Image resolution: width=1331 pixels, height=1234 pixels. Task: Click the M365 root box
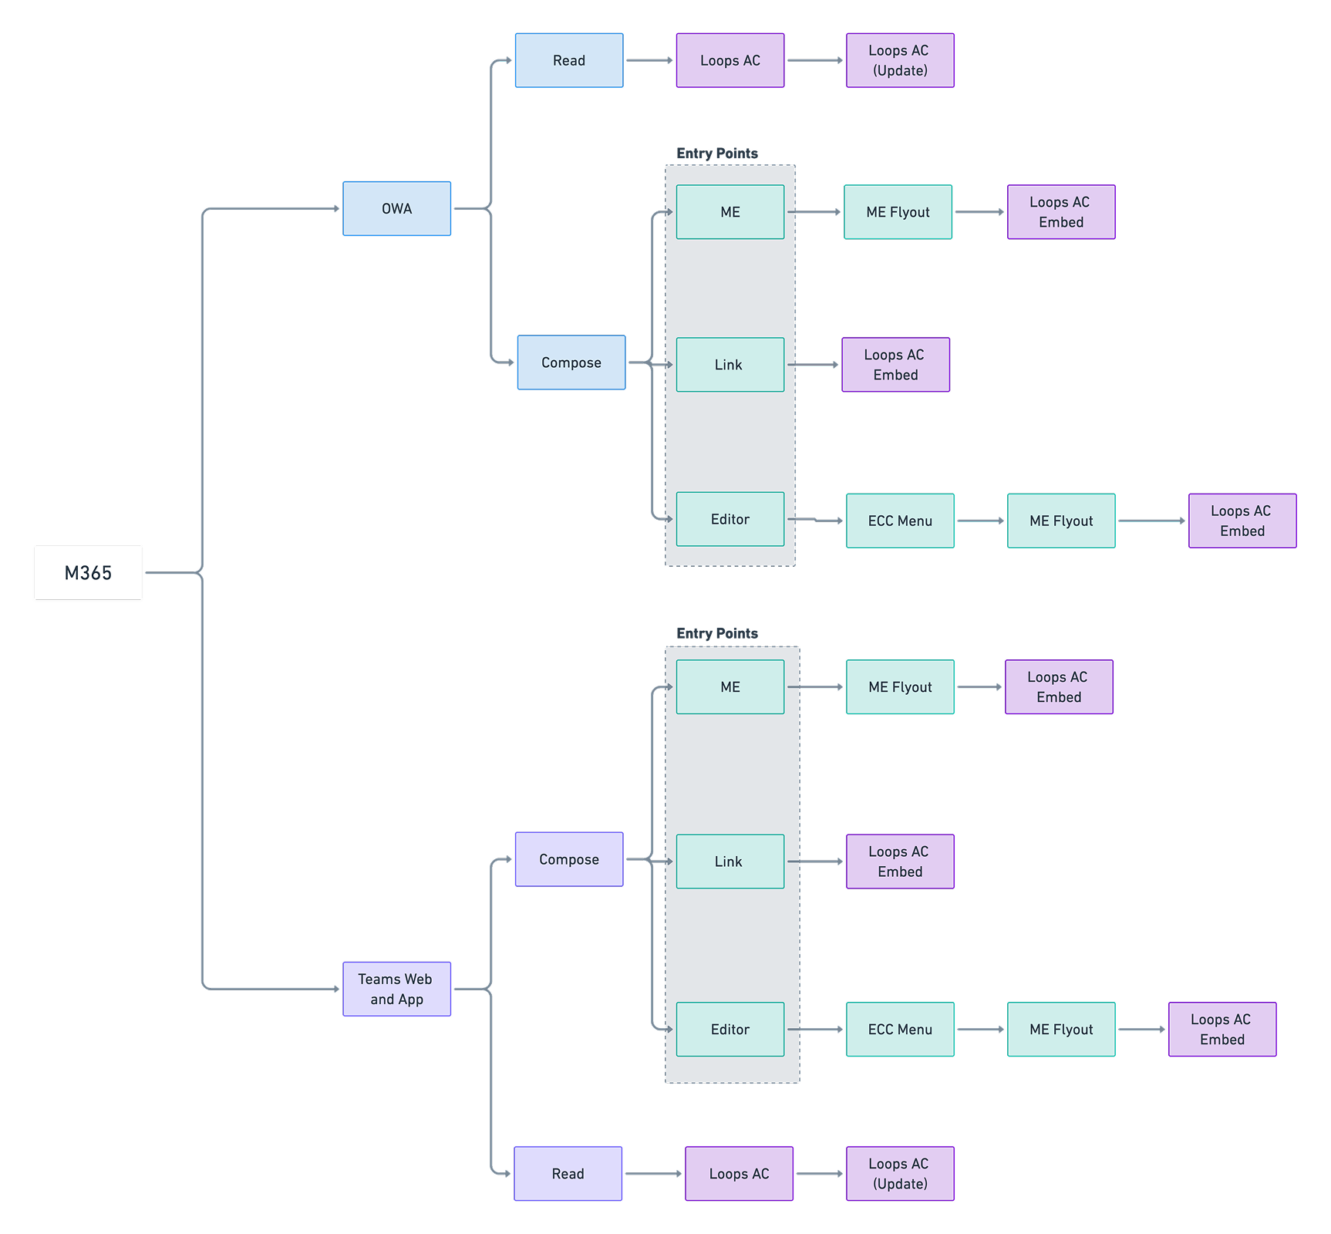pyautogui.click(x=88, y=572)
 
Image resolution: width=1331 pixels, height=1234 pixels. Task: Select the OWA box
pyautogui.click(x=396, y=208)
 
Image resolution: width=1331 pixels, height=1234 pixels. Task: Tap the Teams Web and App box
pyautogui.click(x=396, y=989)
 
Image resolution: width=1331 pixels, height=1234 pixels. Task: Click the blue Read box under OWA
pyautogui.click(x=569, y=60)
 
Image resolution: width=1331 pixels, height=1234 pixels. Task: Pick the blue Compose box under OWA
pyautogui.click(x=571, y=362)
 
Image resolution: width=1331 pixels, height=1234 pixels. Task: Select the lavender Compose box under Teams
pyautogui.click(x=569, y=859)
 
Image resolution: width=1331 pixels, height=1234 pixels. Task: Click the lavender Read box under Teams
pyautogui.click(x=568, y=1173)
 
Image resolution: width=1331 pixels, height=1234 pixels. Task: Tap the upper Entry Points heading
pyautogui.click(x=717, y=153)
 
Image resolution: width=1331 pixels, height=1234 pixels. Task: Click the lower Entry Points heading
pyautogui.click(x=717, y=633)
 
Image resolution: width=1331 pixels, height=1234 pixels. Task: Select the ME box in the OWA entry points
pyautogui.click(x=730, y=212)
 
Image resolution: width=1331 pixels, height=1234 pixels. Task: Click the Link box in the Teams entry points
pyautogui.click(x=730, y=861)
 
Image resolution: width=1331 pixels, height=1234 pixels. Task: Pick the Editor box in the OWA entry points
pyautogui.click(x=730, y=519)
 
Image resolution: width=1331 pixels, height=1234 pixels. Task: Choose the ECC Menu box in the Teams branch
pyautogui.click(x=900, y=1029)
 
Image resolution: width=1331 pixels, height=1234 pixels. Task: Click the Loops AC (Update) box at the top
pyautogui.click(x=900, y=60)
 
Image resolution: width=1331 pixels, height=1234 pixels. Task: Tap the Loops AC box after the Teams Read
pyautogui.click(x=739, y=1173)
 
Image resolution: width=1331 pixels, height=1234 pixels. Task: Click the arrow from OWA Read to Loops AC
pyautogui.click(x=649, y=60)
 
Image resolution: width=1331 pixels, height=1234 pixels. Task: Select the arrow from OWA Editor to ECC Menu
pyautogui.click(x=815, y=521)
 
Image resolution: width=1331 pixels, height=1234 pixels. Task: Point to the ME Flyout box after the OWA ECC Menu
pyautogui.click(x=1061, y=521)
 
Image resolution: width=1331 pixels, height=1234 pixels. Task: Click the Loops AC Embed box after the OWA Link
pyautogui.click(x=895, y=365)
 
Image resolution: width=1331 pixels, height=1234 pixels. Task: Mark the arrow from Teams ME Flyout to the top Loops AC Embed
pyautogui.click(x=979, y=686)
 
